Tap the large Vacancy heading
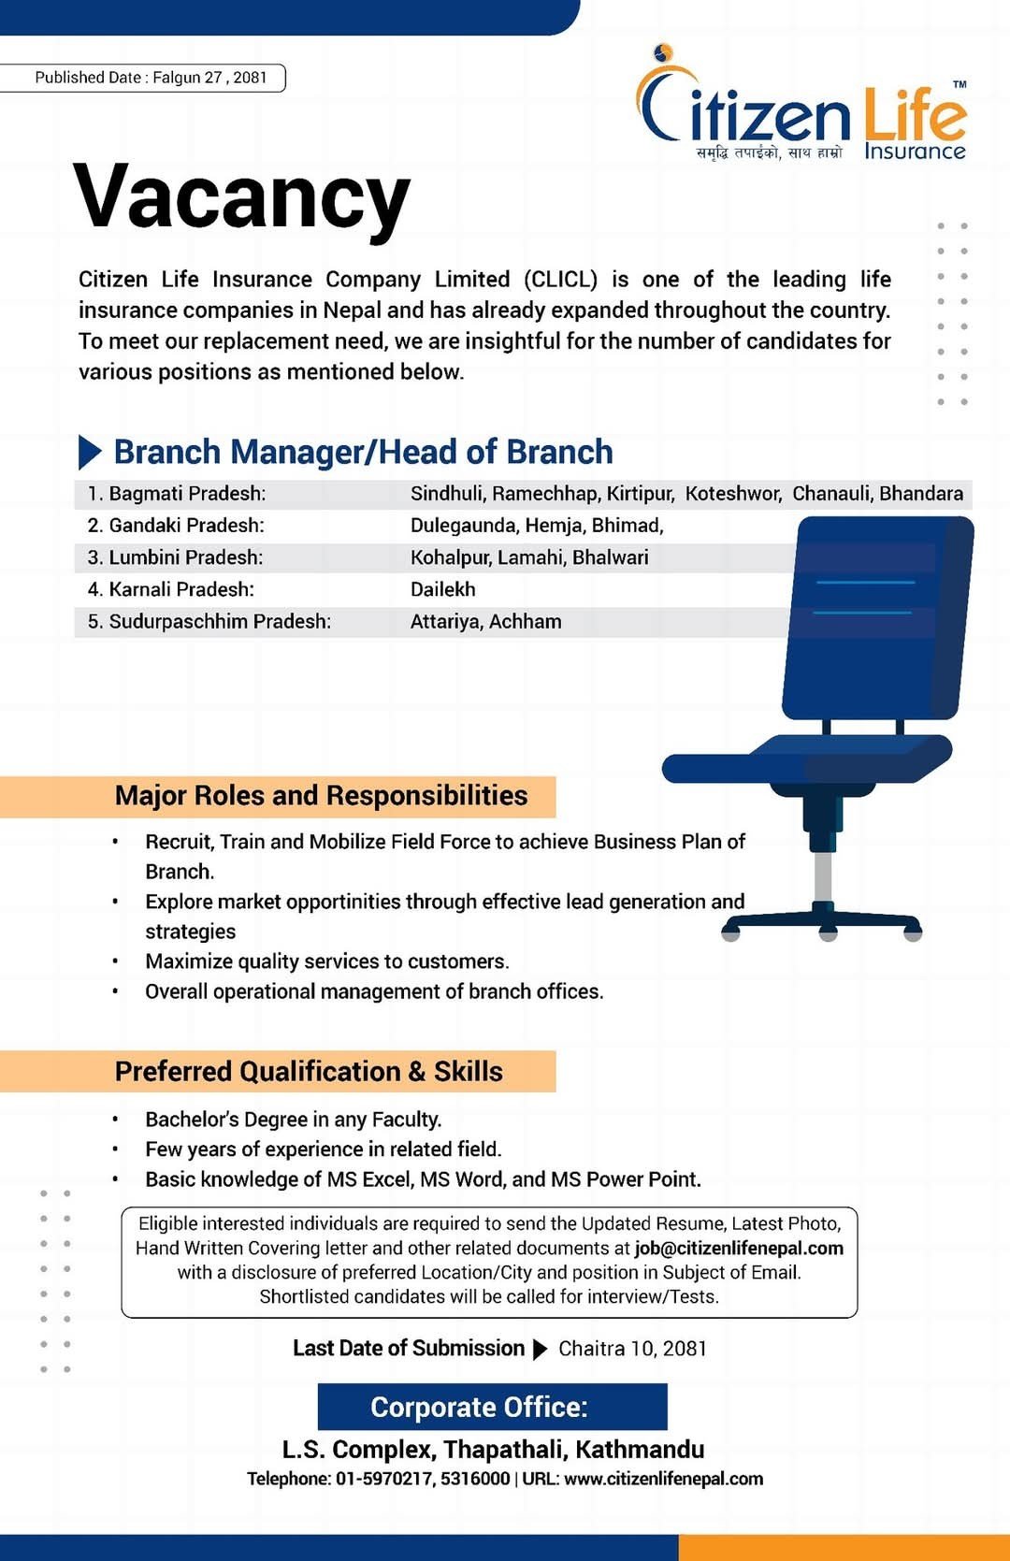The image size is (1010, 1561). pyautogui.click(x=241, y=197)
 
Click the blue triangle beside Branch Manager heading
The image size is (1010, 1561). pyautogui.click(x=90, y=452)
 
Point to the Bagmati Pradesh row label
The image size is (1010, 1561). pyautogui.click(x=177, y=494)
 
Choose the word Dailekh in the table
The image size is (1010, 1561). pyautogui.click(x=442, y=589)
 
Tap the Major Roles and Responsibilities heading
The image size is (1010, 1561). pyautogui.click(x=321, y=796)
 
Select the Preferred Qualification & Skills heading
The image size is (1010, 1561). pyautogui.click(x=309, y=1072)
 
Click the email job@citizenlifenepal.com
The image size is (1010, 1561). pyautogui.click(x=739, y=1248)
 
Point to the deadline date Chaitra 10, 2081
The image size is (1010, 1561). pyautogui.click(x=632, y=1349)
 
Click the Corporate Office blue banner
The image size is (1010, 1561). pyautogui.click(x=492, y=1407)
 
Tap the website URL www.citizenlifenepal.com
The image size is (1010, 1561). pyautogui.click(x=663, y=1479)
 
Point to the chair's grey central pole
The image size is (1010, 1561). pyautogui.click(x=823, y=876)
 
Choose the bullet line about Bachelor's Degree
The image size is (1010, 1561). pyautogui.click(x=293, y=1120)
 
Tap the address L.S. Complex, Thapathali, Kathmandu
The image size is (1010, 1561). pyautogui.click(x=493, y=1450)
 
